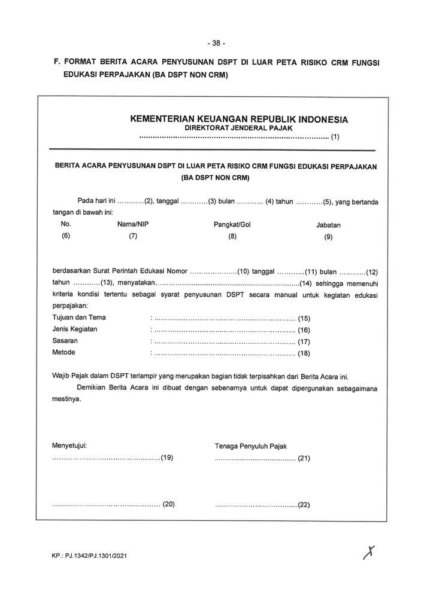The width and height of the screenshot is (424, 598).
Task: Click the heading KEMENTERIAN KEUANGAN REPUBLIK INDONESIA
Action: [x=239, y=119]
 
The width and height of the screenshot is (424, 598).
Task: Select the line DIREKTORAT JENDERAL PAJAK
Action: [x=239, y=128]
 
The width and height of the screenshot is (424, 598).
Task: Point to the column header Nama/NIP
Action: [x=133, y=224]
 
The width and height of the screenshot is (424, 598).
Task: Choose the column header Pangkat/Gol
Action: [x=232, y=224]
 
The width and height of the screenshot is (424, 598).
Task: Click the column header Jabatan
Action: [x=328, y=225]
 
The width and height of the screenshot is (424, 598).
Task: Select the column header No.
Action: [x=66, y=224]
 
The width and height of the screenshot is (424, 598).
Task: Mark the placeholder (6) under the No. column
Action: [x=66, y=236]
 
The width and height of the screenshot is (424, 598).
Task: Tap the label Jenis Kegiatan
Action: [x=75, y=329]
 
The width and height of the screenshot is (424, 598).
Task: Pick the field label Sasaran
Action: [x=65, y=340]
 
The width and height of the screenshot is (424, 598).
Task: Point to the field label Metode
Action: [x=64, y=352]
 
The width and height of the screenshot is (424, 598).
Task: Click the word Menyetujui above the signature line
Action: [x=70, y=446]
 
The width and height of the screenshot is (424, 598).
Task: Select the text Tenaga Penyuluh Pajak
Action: [x=252, y=446]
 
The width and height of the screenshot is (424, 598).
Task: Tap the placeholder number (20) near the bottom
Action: [x=168, y=504]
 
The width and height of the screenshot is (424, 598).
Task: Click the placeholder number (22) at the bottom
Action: [x=304, y=505]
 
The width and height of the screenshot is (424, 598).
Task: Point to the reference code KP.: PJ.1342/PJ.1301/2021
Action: [x=89, y=556]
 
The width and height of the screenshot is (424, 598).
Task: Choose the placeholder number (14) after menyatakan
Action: [x=305, y=283]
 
